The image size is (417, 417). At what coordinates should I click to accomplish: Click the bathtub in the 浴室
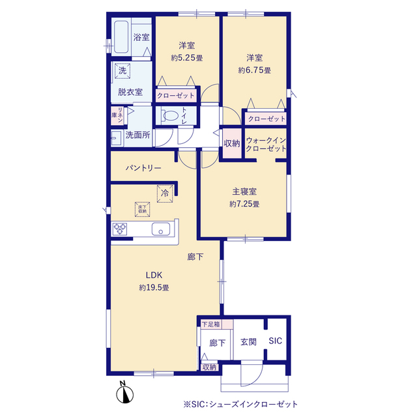tap(121, 36)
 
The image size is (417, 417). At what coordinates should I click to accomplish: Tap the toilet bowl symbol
tap(169, 116)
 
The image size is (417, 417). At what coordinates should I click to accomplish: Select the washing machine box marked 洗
tap(122, 71)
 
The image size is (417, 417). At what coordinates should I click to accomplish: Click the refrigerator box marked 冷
tap(165, 194)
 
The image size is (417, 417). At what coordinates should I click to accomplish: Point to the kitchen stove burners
tap(120, 229)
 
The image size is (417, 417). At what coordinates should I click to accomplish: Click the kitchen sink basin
tap(161, 229)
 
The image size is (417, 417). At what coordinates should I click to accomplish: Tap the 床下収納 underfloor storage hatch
tap(143, 209)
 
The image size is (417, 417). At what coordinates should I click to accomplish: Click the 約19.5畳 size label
tap(154, 287)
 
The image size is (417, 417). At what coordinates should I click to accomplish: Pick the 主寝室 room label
tap(244, 192)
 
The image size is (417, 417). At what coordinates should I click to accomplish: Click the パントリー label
tap(143, 168)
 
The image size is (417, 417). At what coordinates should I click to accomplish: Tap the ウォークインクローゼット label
tap(266, 145)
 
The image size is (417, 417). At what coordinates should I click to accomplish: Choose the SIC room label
tap(275, 341)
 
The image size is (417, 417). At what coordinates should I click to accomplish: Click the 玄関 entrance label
tap(248, 341)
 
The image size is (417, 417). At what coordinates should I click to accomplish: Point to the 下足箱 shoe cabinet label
tap(211, 324)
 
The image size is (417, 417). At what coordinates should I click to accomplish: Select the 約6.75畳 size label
tap(255, 70)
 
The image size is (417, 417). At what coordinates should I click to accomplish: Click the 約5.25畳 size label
tap(187, 58)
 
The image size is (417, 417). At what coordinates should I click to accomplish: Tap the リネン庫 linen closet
tap(117, 115)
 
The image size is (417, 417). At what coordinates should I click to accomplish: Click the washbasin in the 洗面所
tap(116, 138)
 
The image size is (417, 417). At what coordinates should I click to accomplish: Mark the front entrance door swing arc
tap(255, 377)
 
